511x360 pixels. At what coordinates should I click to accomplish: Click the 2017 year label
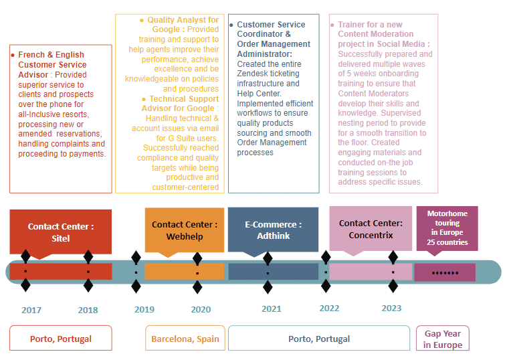pos(31,310)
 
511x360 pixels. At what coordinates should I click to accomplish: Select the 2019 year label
pos(144,309)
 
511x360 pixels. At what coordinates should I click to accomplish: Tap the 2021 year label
pos(272,308)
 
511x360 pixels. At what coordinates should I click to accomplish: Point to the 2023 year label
pos(392,308)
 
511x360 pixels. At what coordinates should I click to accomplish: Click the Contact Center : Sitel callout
pos(61,232)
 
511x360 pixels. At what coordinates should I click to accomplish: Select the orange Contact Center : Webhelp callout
pos(185,230)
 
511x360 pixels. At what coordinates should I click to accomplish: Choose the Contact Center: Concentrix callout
pos(371,229)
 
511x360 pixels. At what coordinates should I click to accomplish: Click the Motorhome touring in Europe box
pos(447,228)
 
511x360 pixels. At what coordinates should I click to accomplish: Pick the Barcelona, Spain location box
pos(185,339)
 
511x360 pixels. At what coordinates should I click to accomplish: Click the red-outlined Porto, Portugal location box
pos(61,339)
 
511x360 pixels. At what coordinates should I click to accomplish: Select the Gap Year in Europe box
pos(443,339)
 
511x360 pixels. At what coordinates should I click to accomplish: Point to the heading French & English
pos(52,55)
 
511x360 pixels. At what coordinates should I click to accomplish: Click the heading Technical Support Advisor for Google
pos(180,104)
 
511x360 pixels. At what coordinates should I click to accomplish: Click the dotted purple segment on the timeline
pos(445,272)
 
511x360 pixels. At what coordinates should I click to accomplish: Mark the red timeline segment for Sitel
pos(61,272)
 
